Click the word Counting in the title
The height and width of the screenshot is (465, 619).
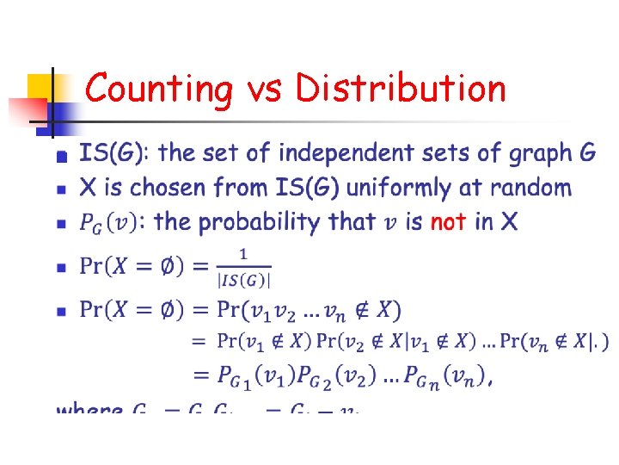[x=159, y=89]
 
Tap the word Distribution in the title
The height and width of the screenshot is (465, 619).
[x=401, y=89]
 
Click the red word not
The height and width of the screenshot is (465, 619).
[x=448, y=222]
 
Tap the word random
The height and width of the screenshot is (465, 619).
[x=535, y=188]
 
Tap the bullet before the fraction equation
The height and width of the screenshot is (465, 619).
[x=60, y=268]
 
